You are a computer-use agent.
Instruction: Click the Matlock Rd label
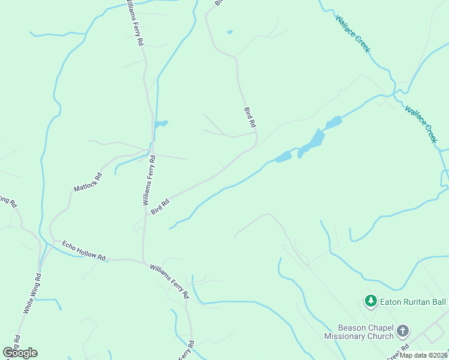[88, 182]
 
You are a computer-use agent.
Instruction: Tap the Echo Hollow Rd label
[83, 251]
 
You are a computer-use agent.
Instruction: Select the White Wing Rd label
[32, 294]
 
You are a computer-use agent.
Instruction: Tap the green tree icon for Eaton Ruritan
[371, 301]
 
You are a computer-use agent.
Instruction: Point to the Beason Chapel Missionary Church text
[365, 332]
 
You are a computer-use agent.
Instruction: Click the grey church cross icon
[403, 331]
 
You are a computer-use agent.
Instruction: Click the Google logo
[20, 353]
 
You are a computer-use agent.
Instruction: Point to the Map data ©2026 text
[424, 355]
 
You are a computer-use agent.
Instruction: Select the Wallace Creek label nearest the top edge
[352, 34]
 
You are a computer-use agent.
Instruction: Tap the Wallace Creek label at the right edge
[421, 125]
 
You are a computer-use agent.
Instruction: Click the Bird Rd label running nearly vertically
[250, 117]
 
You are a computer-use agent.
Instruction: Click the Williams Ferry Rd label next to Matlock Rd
[149, 181]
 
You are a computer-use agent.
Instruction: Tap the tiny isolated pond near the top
[230, 32]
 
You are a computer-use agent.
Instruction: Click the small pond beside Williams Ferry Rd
[160, 124]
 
